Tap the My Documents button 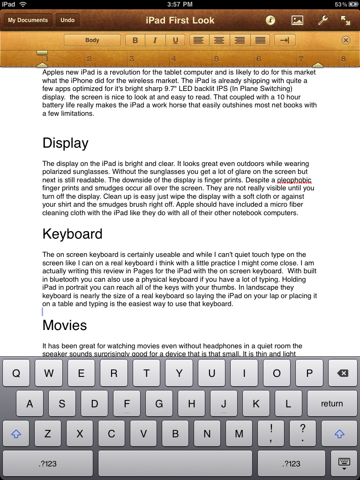pyautogui.click(x=28, y=20)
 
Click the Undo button pyautogui.click(x=67, y=20)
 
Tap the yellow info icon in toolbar pyautogui.click(x=270, y=20)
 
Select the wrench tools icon pyautogui.click(x=322, y=20)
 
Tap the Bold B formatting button pyautogui.click(x=135, y=40)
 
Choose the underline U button pyautogui.click(x=175, y=40)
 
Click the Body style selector pyautogui.click(x=92, y=40)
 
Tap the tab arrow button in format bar pyautogui.click(x=285, y=40)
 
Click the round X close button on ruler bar pyautogui.click(x=346, y=40)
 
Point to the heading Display pyautogui.click(x=65, y=143)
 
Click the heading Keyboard pyautogui.click(x=72, y=234)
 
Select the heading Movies pyautogui.click(x=65, y=325)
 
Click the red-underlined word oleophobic pyautogui.click(x=294, y=180)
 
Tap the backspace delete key pyautogui.click(x=343, y=374)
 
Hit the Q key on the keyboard pyautogui.click(x=16, y=374)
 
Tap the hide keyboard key pyautogui.click(x=344, y=463)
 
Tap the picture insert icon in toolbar pyautogui.click(x=297, y=20)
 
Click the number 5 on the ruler pyautogui.click(x=217, y=59)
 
